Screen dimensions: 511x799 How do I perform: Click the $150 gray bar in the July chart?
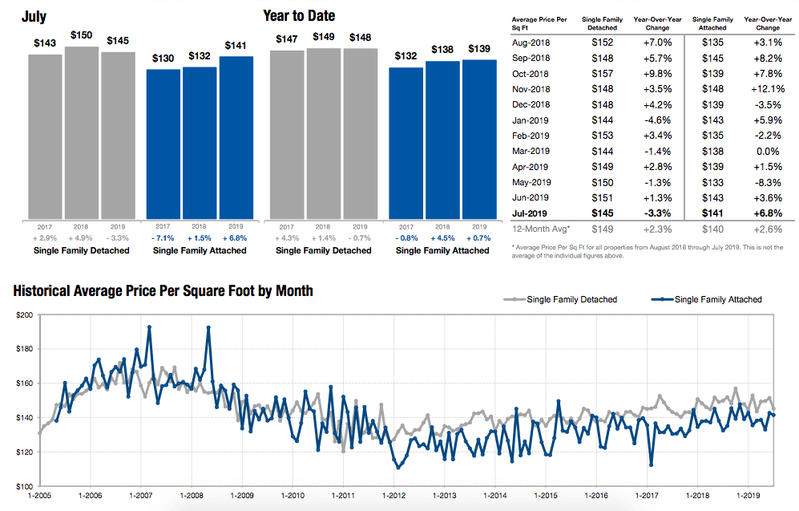(x=82, y=132)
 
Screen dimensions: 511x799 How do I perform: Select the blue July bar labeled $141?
(x=236, y=137)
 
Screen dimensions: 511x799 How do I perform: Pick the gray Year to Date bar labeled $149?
(x=323, y=132)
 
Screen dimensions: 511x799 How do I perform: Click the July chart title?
(x=34, y=17)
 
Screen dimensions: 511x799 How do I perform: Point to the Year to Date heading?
(x=299, y=16)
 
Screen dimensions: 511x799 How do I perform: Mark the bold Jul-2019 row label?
(x=530, y=213)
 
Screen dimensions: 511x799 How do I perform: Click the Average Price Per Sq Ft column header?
(x=538, y=22)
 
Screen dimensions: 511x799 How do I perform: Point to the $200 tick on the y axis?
(x=24, y=315)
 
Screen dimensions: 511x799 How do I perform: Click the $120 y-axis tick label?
(x=24, y=452)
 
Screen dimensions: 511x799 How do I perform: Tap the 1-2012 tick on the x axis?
(x=393, y=496)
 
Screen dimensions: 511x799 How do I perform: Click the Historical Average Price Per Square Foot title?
(x=163, y=290)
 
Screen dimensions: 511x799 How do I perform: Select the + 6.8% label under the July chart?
(x=236, y=237)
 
